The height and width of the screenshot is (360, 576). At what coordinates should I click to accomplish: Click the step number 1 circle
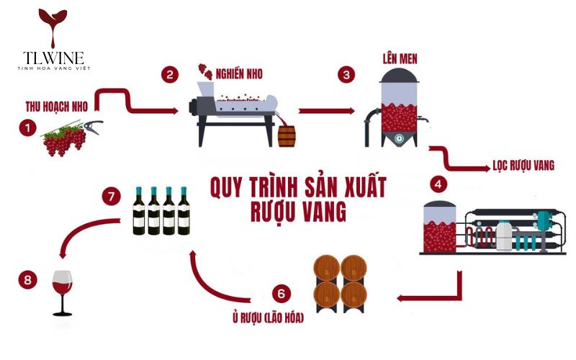coord(28,127)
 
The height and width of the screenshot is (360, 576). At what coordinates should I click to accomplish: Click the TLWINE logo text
coord(51,56)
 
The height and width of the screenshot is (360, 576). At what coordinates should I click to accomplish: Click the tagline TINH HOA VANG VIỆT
coord(51,68)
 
